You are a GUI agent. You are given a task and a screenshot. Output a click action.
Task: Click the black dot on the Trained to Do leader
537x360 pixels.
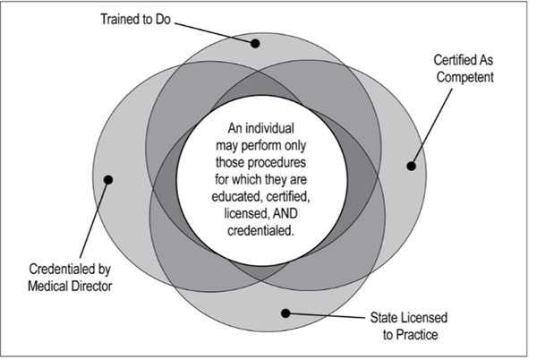click(x=255, y=43)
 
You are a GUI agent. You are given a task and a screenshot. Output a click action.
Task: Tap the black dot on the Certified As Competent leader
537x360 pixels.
click(x=411, y=165)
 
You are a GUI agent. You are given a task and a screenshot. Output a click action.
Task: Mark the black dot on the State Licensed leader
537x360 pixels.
click(x=286, y=313)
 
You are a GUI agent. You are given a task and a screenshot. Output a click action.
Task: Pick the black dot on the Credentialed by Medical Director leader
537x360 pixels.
click(x=108, y=178)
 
